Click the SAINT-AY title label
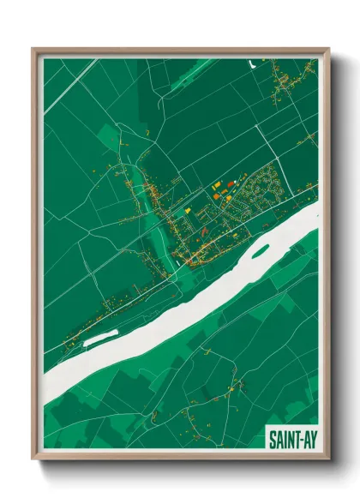pos(291,439)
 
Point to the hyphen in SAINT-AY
pos(297,439)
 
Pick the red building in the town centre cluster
pos(230,183)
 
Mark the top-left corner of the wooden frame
pos(33,49)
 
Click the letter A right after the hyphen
pos(303,439)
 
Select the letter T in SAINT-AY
pos(291,439)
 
